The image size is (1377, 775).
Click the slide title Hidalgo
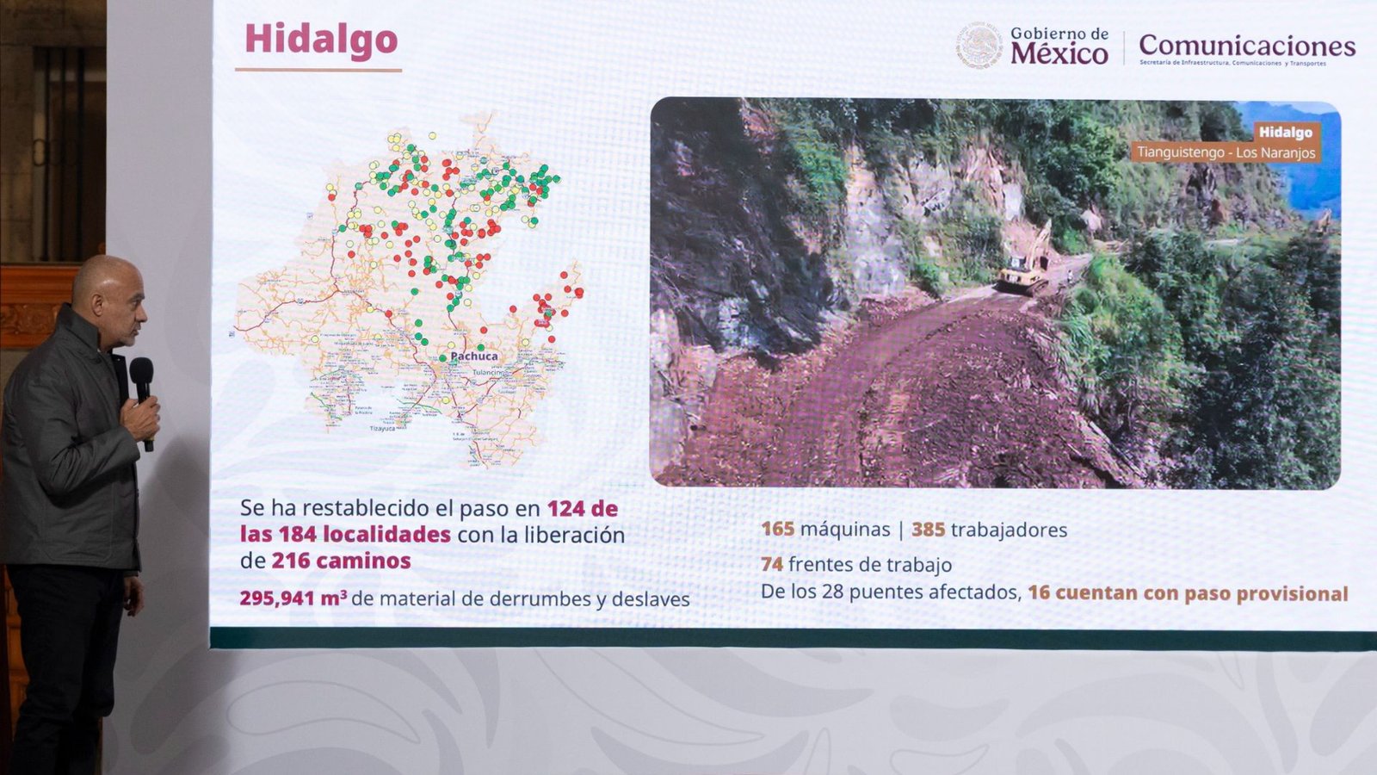pos(321,40)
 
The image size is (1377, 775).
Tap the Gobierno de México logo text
pos(1059,46)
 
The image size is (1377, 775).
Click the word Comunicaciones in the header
pos(1246,45)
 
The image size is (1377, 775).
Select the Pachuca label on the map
pos(474,356)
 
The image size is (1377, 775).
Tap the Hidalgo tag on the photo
pos(1285,132)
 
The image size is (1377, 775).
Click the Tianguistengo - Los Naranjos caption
pos(1226,152)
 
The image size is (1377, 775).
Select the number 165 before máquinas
pos(777,529)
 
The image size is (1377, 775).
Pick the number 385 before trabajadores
pos(928,530)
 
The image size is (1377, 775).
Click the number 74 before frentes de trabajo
pos(771,564)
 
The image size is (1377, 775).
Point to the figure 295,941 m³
pos(293,598)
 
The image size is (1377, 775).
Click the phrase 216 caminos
pos(341,561)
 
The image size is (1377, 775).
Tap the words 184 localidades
pos(364,534)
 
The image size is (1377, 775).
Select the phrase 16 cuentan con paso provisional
pos(1187,593)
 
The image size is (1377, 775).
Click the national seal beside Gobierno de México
pos(979,46)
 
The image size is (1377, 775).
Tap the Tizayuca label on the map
pos(383,428)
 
